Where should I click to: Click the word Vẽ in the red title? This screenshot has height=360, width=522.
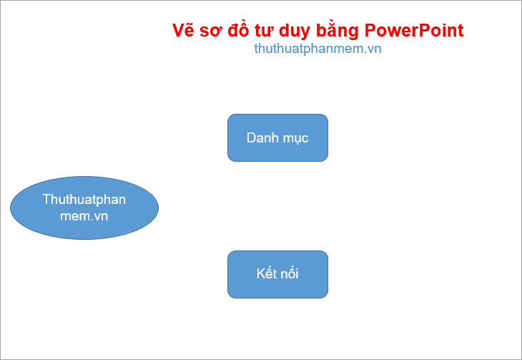point(184,31)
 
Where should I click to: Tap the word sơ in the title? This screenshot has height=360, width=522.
point(213,31)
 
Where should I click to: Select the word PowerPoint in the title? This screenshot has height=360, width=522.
point(414,31)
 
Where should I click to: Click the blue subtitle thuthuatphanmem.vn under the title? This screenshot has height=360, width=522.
point(317,49)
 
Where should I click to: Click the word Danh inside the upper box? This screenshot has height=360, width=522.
point(262,137)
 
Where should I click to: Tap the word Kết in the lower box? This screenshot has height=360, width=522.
point(266,274)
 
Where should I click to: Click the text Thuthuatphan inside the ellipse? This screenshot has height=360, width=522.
point(84,199)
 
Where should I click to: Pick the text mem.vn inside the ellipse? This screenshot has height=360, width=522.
point(84,215)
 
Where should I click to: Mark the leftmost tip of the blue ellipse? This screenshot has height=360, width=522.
point(11,208)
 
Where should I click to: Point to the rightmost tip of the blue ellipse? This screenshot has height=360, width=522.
point(157,208)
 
